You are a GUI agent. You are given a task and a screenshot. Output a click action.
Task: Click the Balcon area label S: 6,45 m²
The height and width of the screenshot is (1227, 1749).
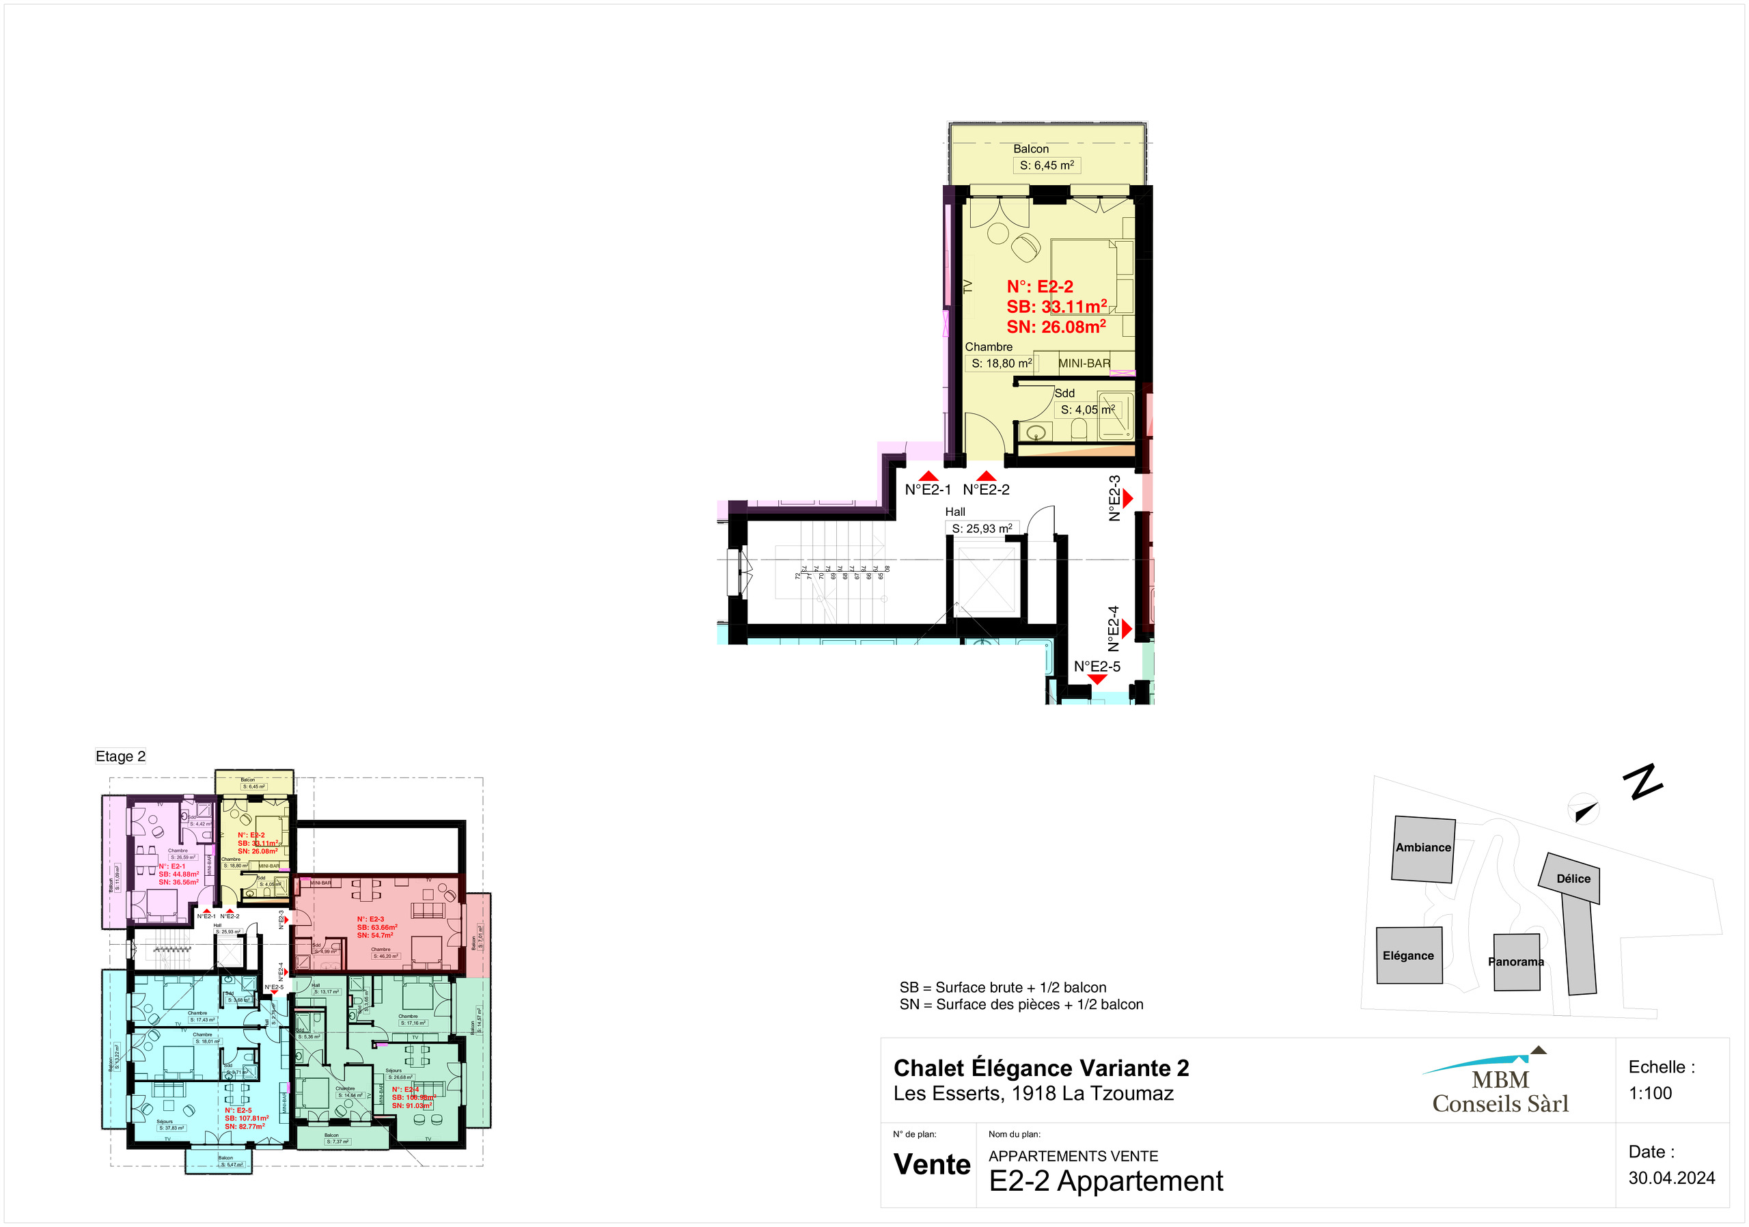pos(1046,165)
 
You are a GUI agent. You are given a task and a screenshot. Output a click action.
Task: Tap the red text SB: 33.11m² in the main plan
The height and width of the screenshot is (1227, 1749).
pos(1056,306)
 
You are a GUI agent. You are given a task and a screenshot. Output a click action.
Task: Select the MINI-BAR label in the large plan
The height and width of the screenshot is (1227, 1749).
pos(1084,363)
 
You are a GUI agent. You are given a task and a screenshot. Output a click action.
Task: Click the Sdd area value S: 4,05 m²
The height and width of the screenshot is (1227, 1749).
pos(1087,409)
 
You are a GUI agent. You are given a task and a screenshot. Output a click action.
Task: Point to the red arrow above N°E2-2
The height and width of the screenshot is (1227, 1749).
pos(987,476)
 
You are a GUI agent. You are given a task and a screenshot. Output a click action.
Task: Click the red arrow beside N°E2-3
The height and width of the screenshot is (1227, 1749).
pos(1127,498)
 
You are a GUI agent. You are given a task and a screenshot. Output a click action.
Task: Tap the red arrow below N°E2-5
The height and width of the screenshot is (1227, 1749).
pos(1097,678)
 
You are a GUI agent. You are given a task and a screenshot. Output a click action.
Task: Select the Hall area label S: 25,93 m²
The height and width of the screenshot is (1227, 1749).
pos(982,528)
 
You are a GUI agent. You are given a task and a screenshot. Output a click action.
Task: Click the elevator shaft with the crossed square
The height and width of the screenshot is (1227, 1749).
pos(987,579)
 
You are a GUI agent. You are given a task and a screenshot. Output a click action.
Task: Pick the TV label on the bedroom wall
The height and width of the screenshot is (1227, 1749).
pos(968,286)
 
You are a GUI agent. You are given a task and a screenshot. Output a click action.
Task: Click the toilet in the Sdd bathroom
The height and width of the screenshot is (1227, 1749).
pos(1078,431)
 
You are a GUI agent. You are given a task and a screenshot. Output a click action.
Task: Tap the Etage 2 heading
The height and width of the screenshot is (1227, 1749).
pos(120,756)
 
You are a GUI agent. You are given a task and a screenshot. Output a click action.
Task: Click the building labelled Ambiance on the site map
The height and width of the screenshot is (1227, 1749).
pos(1423,849)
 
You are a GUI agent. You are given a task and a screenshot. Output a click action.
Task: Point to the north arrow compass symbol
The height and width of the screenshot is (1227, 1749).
pos(1584,810)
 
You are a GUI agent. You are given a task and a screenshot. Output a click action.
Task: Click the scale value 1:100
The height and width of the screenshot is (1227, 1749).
pos(1650,1093)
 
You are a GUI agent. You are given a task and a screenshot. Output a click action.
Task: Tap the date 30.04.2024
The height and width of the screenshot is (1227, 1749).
pos(1671,1178)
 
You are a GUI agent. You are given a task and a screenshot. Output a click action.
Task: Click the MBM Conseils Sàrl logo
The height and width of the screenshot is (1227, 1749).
pos(1499,1086)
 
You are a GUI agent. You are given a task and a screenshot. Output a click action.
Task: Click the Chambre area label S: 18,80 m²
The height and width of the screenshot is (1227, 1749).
pos(1001,363)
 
